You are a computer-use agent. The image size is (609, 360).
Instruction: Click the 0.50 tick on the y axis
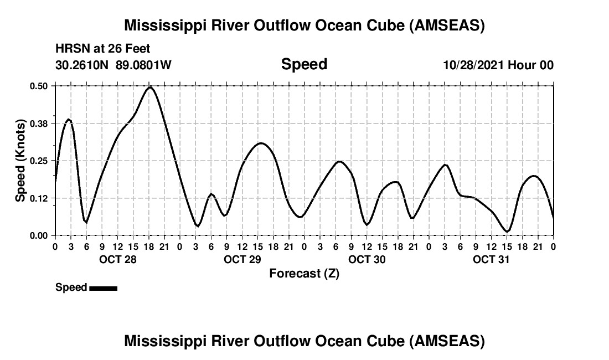[40, 86]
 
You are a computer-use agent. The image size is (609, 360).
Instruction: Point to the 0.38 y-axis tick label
[40, 123]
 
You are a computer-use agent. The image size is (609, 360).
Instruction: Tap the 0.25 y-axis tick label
[40, 161]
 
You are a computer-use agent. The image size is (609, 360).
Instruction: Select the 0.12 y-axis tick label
[40, 198]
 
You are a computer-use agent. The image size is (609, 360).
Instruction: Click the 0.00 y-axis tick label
[40, 235]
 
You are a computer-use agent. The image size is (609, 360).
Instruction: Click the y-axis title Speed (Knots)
[20, 161]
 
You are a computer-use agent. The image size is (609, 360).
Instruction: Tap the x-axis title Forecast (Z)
[304, 273]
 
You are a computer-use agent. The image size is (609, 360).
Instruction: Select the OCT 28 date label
[117, 259]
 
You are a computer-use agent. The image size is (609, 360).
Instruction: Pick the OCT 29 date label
[242, 259]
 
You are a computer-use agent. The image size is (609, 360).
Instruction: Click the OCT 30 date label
[367, 259]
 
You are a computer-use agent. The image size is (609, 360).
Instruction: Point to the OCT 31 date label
[491, 259]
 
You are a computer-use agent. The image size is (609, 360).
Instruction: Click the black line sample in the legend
[103, 288]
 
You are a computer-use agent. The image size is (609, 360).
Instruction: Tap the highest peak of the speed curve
[149, 87]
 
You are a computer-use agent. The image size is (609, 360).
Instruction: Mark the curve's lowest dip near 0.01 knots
[507, 232]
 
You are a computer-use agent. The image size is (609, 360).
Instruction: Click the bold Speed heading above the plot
[304, 64]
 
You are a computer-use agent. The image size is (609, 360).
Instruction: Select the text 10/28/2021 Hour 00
[498, 65]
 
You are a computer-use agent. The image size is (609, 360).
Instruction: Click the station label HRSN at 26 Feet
[103, 49]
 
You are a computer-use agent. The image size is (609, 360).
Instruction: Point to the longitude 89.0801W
[143, 65]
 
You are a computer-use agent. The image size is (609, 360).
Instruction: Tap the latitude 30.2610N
[83, 65]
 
